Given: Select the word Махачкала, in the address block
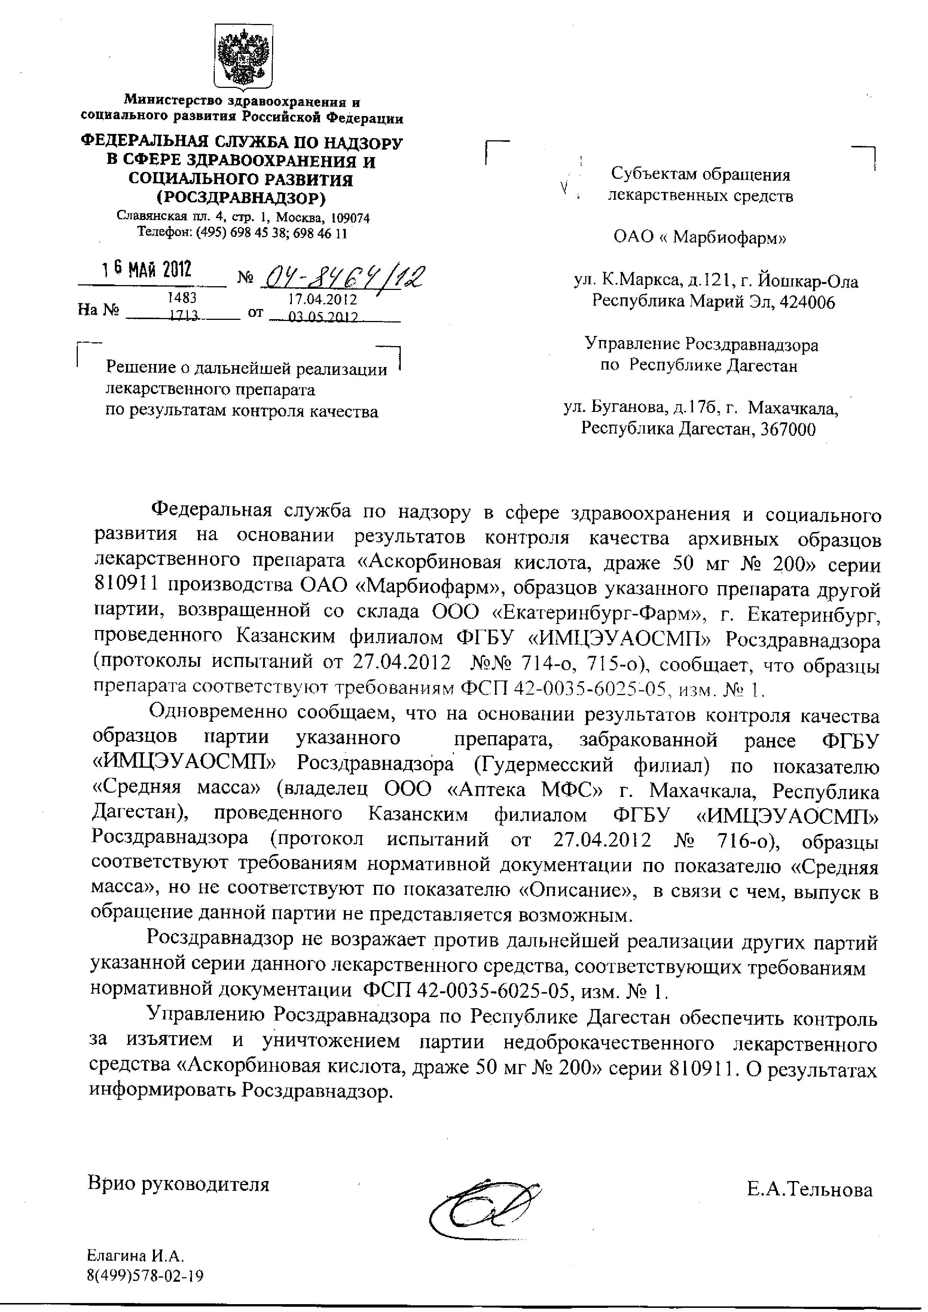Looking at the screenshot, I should [x=793, y=409].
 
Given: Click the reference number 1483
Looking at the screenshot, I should [x=182, y=297].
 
